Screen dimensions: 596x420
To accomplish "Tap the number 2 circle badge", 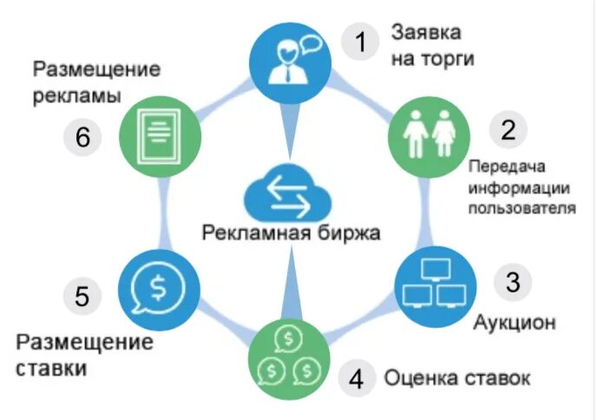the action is pos(508,130).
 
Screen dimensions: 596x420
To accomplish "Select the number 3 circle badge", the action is pos(514,282).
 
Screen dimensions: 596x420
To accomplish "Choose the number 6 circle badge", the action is pos(84,137).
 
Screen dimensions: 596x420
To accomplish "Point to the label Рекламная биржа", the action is pos(291,233).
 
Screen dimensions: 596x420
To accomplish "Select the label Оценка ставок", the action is pos(457,379).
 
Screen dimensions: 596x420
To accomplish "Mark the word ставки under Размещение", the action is pos(51,368).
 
